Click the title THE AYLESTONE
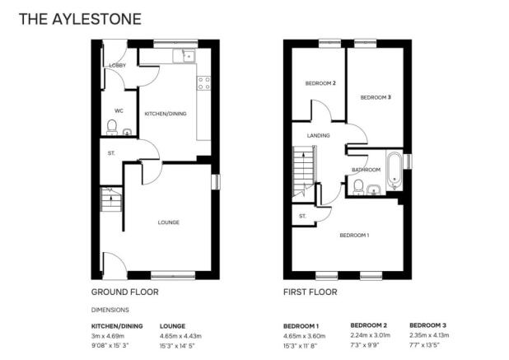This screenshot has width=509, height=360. pyautogui.click(x=80, y=19)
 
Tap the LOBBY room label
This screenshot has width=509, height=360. pyautogui.click(x=118, y=65)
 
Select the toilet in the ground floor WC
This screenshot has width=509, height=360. pyautogui.click(x=112, y=127)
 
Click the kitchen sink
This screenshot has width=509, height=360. pyautogui.click(x=184, y=56)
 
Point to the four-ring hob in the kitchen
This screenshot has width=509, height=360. pyautogui.click(x=203, y=82)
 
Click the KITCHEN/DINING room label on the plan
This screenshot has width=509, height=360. pyautogui.click(x=166, y=114)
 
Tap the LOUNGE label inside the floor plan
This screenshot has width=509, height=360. pyautogui.click(x=169, y=222)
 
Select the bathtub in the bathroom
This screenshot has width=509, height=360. pyautogui.click(x=394, y=171)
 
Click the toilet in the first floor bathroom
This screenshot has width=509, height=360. pyautogui.click(x=358, y=187)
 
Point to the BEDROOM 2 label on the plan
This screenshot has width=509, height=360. pyautogui.click(x=320, y=83)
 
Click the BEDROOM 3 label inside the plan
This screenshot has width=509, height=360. pyautogui.click(x=376, y=97)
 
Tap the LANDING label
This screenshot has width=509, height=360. pyautogui.click(x=319, y=136)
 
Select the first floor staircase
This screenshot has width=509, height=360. pyautogui.click(x=304, y=171)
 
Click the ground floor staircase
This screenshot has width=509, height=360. pyautogui.click(x=111, y=199)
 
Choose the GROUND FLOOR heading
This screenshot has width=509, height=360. pyautogui.click(x=125, y=292)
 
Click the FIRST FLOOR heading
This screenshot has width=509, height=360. pyautogui.click(x=311, y=292)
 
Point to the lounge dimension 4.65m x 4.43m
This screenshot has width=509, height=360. pyautogui.click(x=181, y=336)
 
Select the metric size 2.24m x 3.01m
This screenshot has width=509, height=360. pyautogui.click(x=371, y=335)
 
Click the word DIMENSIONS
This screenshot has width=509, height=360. pyautogui.click(x=110, y=310)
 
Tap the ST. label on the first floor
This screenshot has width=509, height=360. pyautogui.click(x=302, y=216)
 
